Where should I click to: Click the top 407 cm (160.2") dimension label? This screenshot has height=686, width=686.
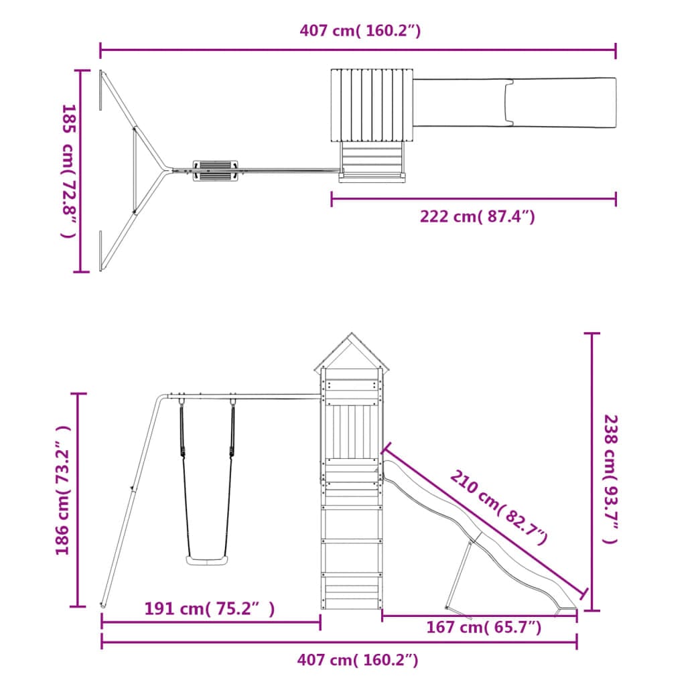click(360, 31)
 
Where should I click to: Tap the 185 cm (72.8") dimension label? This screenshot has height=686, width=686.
click(70, 171)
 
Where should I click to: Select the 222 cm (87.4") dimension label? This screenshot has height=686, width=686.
click(477, 216)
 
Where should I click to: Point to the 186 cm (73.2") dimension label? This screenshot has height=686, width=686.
click(62, 490)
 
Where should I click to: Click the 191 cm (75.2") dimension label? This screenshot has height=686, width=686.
click(210, 608)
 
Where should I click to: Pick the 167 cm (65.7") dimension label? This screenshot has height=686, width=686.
click(484, 627)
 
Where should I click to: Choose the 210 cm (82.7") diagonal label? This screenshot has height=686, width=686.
click(498, 507)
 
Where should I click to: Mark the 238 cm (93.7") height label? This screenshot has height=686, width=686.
click(611, 479)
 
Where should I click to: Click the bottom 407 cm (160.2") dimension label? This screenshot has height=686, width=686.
click(358, 659)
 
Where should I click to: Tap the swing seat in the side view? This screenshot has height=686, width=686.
click(208, 560)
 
